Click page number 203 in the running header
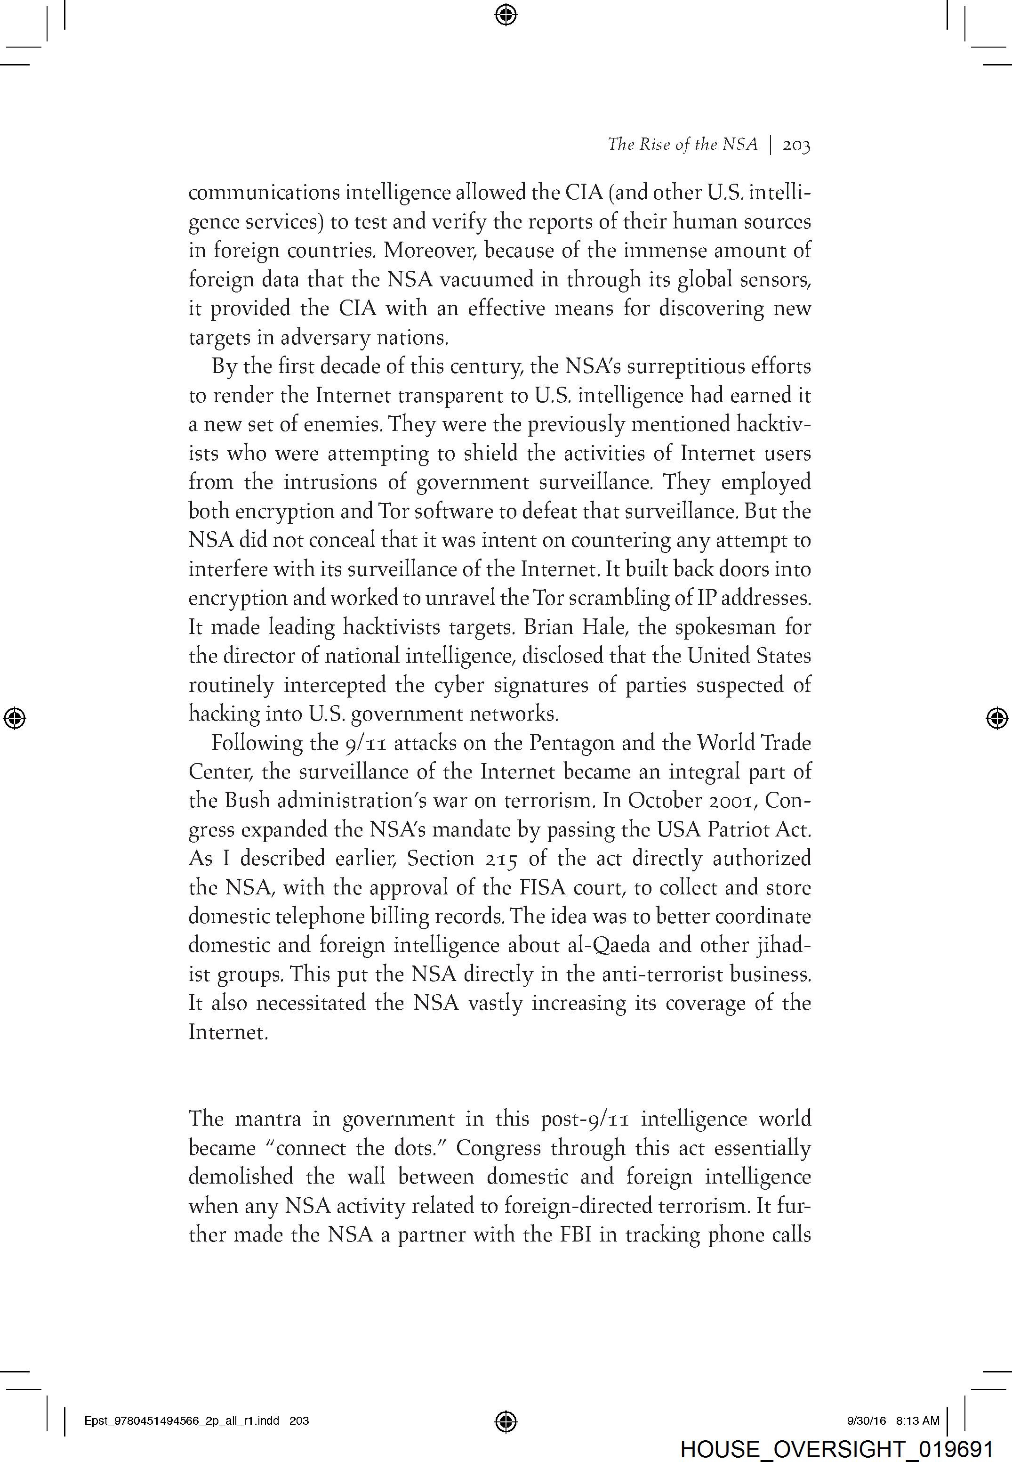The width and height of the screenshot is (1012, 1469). (796, 145)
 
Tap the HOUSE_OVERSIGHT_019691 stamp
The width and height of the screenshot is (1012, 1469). (836, 1449)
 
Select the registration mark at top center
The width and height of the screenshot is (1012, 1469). (506, 14)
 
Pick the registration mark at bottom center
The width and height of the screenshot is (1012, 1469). (506, 1421)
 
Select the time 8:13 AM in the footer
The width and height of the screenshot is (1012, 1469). (917, 1421)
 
